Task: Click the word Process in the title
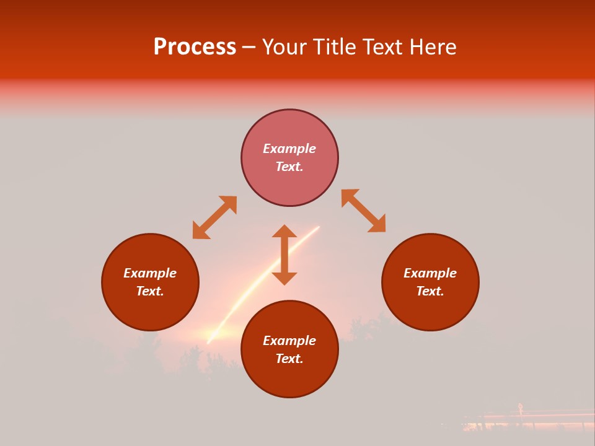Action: coord(195,47)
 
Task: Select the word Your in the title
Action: coord(286,47)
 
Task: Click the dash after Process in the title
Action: coord(249,48)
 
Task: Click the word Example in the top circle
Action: coord(289,149)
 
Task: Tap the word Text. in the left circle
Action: coord(150,291)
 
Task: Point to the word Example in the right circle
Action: coord(430,273)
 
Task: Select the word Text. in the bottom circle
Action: coord(289,359)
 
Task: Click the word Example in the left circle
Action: coord(150,273)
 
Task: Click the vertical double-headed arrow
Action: coord(284,255)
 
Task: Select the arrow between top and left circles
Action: coord(214,217)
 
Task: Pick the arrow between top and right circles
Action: coord(364,211)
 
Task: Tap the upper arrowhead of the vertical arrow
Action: coord(284,231)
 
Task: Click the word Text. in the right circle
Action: coord(430,291)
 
